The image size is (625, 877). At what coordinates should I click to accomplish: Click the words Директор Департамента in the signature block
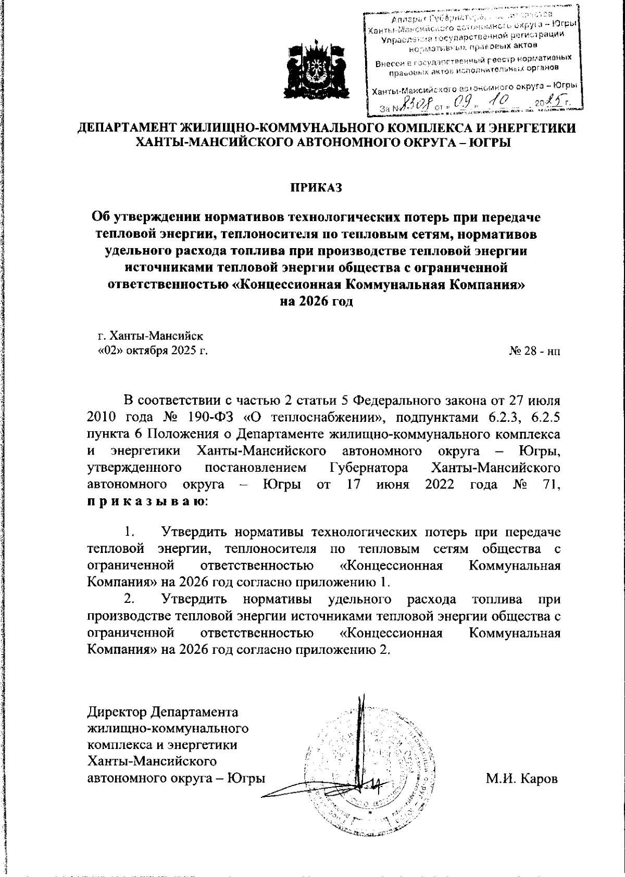click(x=162, y=711)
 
